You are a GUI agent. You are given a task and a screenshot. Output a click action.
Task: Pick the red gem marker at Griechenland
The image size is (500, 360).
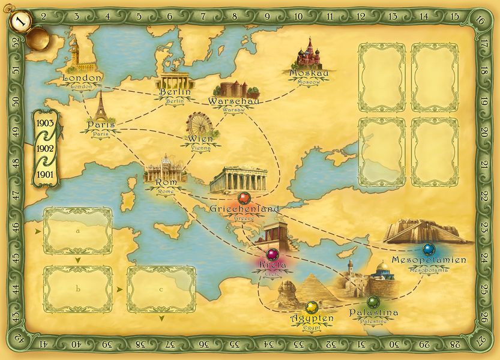click(244, 197)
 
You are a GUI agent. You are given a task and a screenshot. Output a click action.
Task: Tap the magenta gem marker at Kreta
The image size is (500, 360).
click(273, 254)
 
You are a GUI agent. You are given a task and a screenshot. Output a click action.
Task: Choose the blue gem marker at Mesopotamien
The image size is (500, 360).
click(428, 249)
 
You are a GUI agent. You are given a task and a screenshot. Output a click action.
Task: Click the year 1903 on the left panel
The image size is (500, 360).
click(46, 122)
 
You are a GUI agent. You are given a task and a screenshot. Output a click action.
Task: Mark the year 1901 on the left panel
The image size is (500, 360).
click(46, 173)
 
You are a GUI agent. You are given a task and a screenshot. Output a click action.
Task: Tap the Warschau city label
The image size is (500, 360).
click(233, 101)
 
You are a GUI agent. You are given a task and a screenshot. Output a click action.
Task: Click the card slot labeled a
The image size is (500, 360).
click(78, 230)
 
